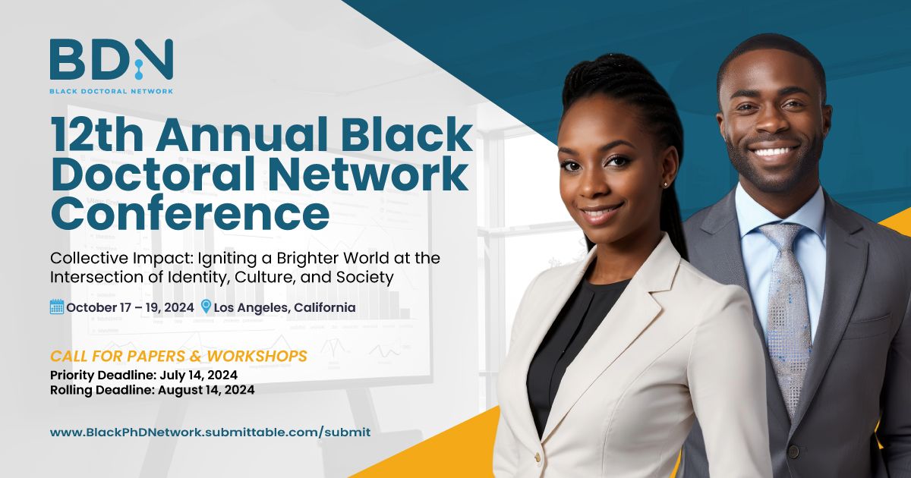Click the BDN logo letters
(x=112, y=59)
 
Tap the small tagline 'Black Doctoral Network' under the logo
(x=112, y=91)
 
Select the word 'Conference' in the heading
(x=190, y=212)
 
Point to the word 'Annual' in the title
(x=241, y=134)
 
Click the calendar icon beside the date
(x=57, y=307)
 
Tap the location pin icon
(x=206, y=307)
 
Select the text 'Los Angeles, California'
(x=285, y=307)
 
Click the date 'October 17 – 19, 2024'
(x=130, y=307)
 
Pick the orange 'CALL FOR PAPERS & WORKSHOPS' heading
(x=178, y=356)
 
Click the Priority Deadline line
(x=143, y=375)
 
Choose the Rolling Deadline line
(x=152, y=390)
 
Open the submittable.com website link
(x=210, y=432)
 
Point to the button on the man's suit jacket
(x=793, y=451)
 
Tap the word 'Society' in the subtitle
(x=365, y=278)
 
